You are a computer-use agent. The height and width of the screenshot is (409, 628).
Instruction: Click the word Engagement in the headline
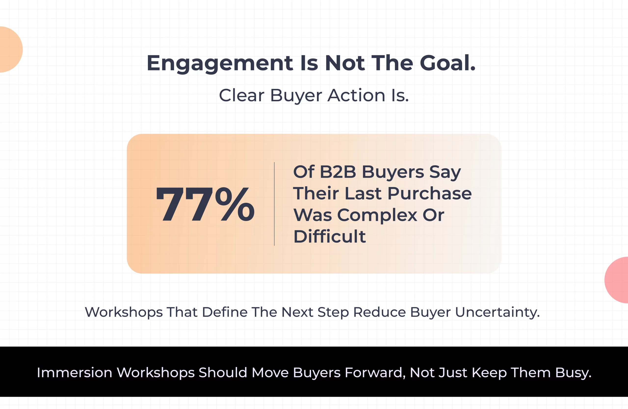click(220, 63)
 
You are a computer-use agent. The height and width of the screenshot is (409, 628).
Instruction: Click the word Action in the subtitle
click(356, 95)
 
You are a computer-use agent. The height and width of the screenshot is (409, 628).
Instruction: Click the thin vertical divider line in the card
click(275, 204)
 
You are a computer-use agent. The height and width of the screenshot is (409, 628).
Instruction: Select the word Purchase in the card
click(429, 193)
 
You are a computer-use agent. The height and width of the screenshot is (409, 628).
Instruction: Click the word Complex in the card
click(377, 215)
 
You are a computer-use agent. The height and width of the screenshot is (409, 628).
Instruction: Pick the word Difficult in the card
click(329, 236)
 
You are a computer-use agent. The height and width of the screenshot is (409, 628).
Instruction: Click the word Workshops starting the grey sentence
click(123, 312)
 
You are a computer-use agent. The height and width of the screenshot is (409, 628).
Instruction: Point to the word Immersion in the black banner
click(74, 373)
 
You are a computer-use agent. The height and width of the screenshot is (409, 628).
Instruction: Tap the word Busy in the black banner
click(573, 373)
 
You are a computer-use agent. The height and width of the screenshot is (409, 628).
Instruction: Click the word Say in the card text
click(445, 172)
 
